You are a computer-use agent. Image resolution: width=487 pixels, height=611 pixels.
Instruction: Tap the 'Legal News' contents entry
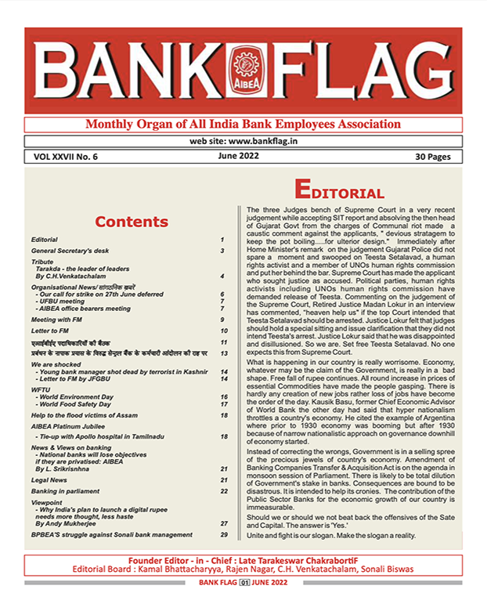pos(51,479)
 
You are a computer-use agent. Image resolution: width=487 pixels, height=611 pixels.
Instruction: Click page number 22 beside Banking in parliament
pos(223,490)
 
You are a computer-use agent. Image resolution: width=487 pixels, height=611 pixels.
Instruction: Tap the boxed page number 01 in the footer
pos(243,584)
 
